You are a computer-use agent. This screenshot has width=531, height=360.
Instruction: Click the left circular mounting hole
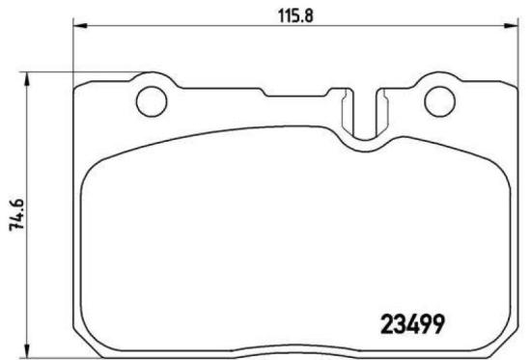(150, 98)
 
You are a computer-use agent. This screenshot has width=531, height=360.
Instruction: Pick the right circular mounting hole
(440, 98)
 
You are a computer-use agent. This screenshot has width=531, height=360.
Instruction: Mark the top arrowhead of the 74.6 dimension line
(27, 76)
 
